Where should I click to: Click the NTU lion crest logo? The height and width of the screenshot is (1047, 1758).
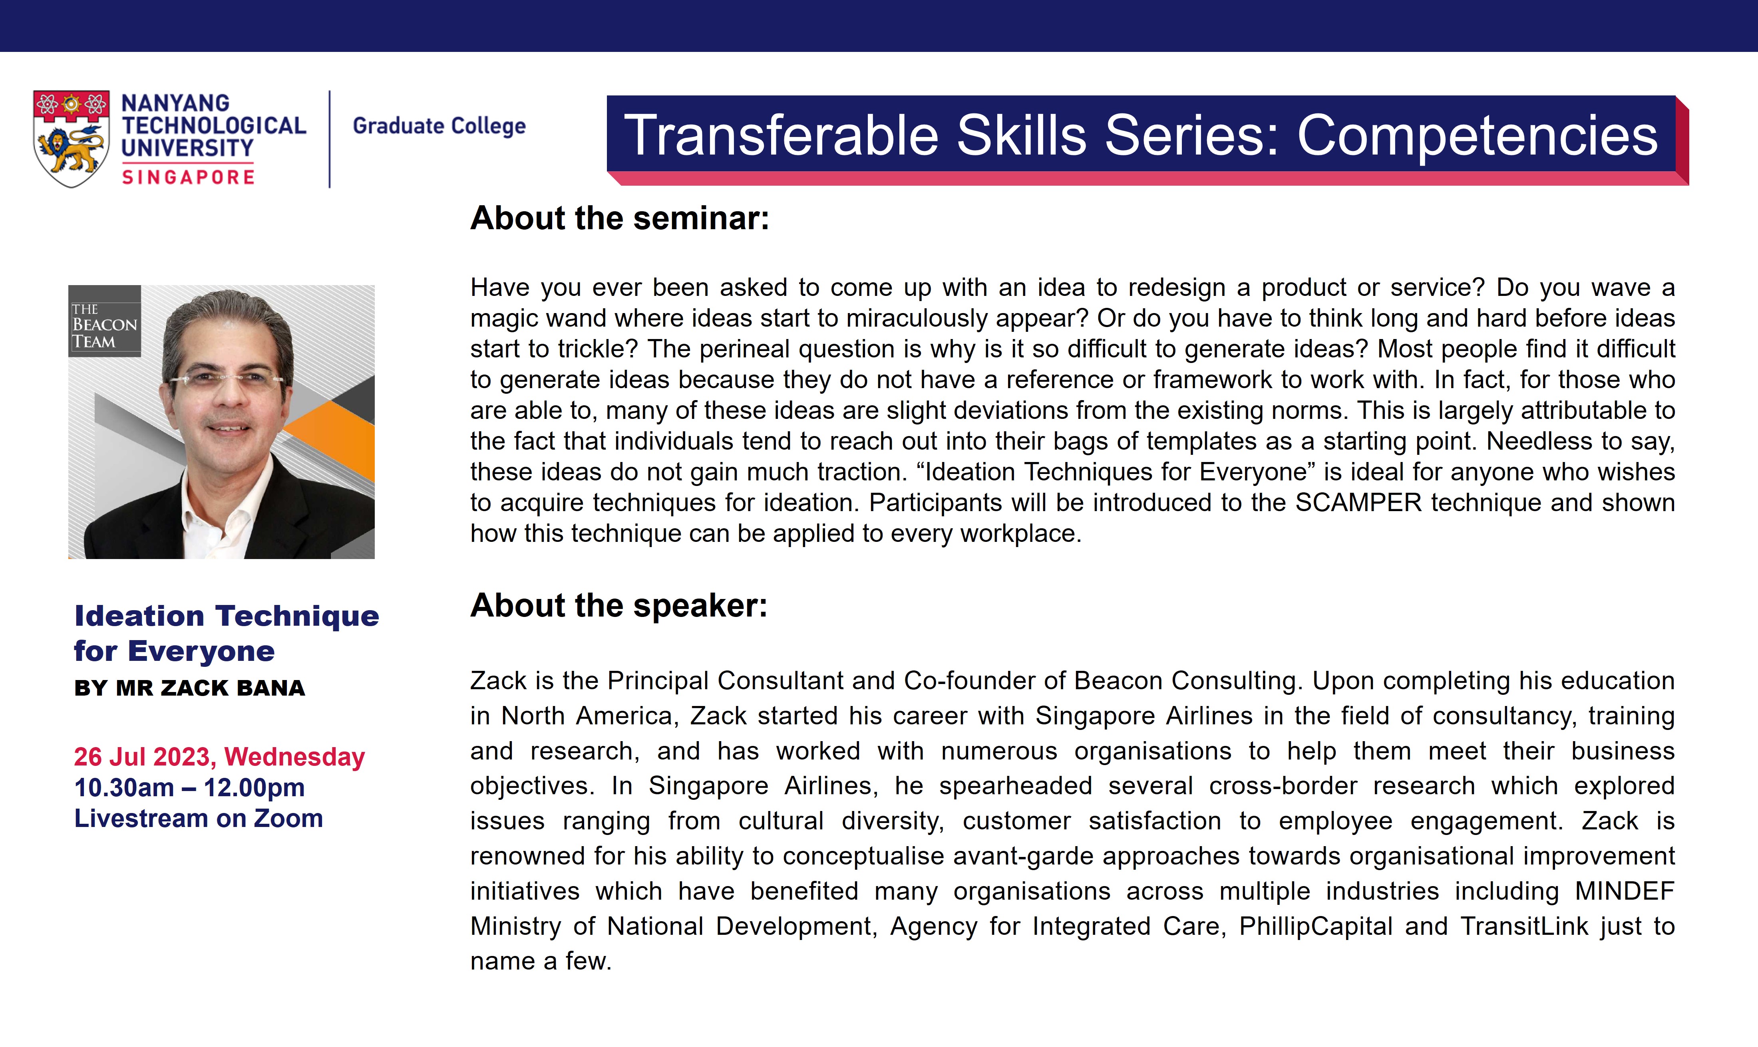coord(71,138)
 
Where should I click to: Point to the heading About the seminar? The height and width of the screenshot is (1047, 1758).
coord(620,218)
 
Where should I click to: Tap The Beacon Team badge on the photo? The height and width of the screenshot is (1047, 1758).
coord(104,321)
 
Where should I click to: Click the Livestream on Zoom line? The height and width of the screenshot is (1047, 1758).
coord(198,819)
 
